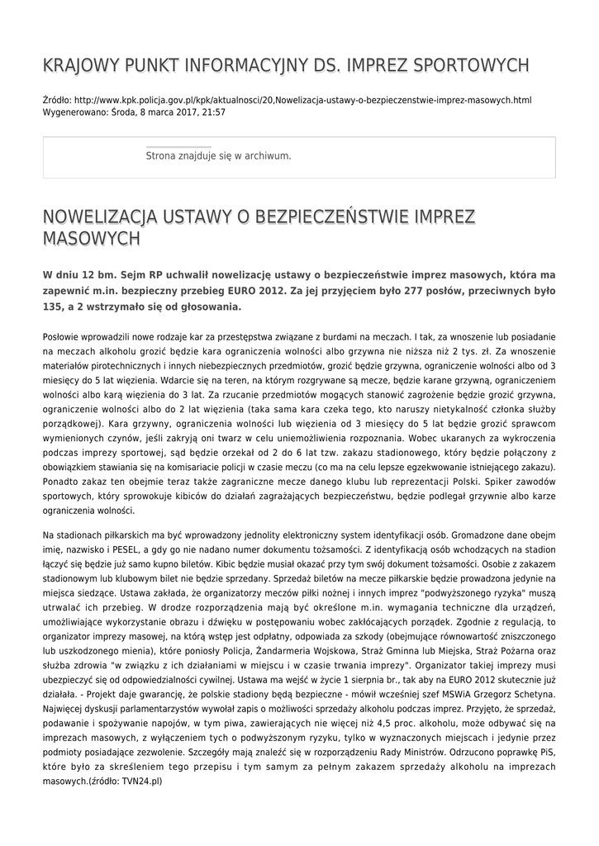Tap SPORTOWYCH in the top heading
pos(471,64)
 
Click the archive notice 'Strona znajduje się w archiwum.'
pos(218,155)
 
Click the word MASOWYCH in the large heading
pos(91,239)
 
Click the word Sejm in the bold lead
pos(121,274)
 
